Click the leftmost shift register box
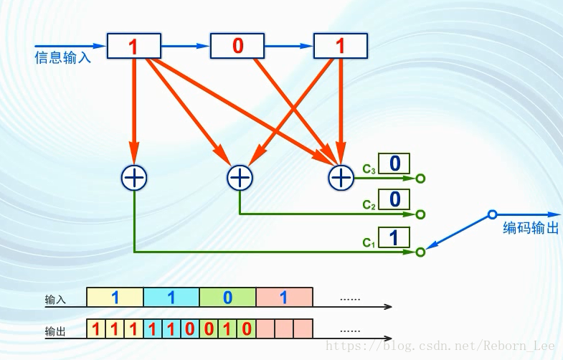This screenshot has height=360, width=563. point(133,46)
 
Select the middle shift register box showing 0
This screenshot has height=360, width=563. point(237,46)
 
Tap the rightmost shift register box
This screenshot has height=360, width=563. point(341,46)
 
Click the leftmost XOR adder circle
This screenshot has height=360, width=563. point(134,176)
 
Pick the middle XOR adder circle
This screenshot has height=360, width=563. point(240,176)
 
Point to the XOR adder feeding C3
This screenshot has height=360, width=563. point(341,176)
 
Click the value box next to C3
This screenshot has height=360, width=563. point(394,164)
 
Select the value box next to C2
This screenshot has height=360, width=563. point(394,199)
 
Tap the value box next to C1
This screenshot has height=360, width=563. point(394,237)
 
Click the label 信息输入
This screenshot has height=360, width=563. point(63,58)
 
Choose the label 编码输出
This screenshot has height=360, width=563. point(531,229)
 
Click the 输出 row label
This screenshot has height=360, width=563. point(55,332)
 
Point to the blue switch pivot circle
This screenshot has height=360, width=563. point(492,214)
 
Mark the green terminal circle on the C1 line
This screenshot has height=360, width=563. point(420,252)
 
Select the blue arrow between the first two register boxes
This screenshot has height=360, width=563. point(185,46)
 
